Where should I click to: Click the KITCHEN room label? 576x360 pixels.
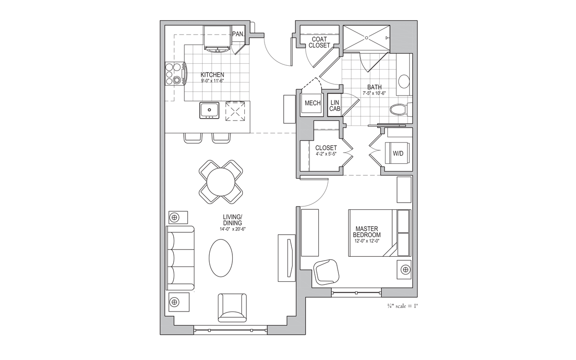pos(212,75)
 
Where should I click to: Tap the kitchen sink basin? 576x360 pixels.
pos(209,110)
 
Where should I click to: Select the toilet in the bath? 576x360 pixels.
pos(400,110)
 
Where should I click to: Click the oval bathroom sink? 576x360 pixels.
pos(404,82)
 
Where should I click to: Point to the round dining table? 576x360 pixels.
pos(221,182)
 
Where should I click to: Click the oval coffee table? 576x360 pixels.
pos(221,258)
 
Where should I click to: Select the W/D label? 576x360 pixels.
pos(398,154)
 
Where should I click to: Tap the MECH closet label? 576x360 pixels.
pos(312,103)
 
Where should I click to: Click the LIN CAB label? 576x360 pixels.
pos(335,106)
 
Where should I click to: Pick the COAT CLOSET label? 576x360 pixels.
pos(319,42)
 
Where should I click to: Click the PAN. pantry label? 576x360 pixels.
pos(238,34)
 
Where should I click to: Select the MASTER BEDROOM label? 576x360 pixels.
pos(367,232)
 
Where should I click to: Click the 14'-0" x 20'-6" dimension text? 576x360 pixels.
pos(232,229)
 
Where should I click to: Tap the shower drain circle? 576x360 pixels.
pos(367,38)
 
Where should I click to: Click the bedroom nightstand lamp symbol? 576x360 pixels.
pos(406,269)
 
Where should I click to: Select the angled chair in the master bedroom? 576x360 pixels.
pos(326,272)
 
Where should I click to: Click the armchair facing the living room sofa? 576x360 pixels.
pos(232,308)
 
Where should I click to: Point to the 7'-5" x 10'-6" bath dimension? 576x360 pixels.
pos(374,93)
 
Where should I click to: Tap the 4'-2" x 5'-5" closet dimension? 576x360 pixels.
pos(326,154)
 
